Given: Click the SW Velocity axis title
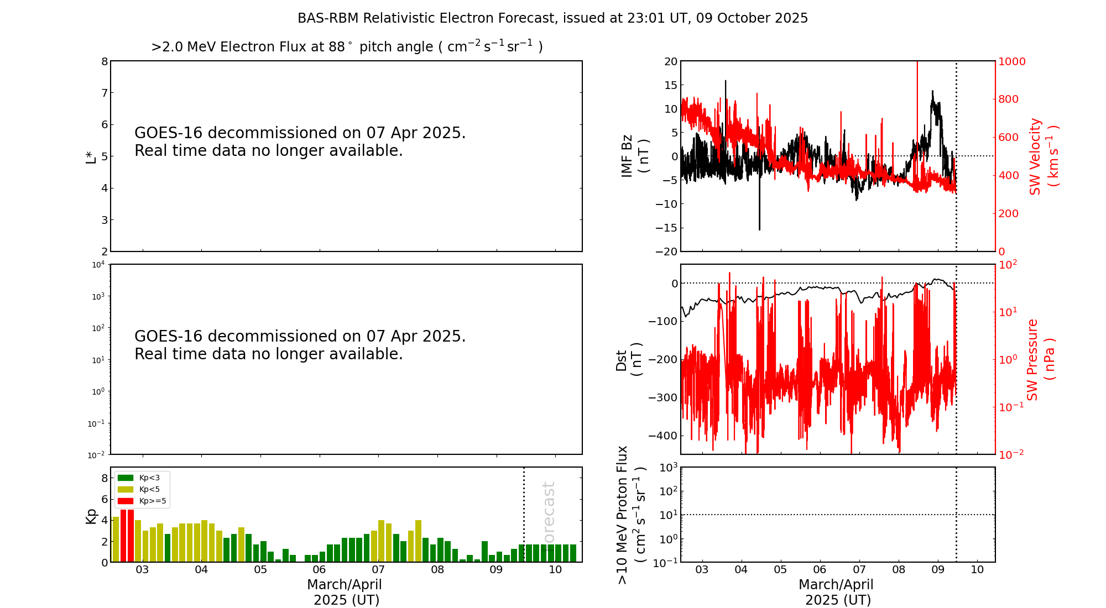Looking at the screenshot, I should [x=1043, y=156].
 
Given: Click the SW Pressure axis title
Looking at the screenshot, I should [x=1040, y=359].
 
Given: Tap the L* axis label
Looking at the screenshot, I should [x=91, y=156].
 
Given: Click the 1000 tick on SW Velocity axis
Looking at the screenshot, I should [x=1011, y=61].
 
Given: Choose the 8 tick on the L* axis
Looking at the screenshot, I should [x=104, y=61].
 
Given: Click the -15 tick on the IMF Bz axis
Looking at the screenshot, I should [x=666, y=228].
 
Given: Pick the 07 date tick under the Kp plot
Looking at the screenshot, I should [x=378, y=570].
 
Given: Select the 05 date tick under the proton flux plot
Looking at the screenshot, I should [x=780, y=570].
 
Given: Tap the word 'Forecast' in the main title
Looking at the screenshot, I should [x=531, y=18].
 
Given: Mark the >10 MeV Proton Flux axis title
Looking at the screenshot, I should [x=631, y=515].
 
